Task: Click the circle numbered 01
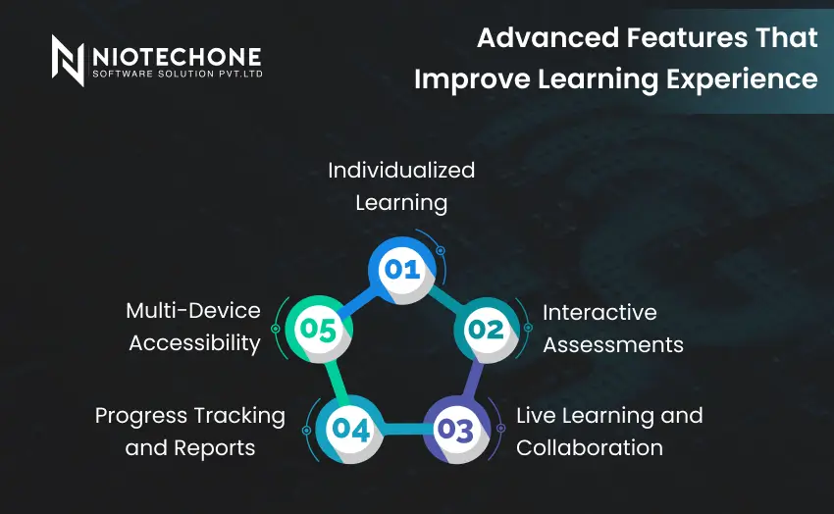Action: coord(401,268)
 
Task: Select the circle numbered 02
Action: coord(485,330)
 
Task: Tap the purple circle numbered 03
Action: coord(454,429)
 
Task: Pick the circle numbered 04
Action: coord(349,429)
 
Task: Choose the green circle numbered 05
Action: coord(318,330)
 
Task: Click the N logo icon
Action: coord(68,60)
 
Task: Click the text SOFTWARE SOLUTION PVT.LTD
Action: coord(177,74)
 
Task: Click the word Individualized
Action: coord(401,170)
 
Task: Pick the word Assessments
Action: coord(613,344)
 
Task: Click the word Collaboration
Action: coord(590,447)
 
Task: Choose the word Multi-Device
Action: coord(193,311)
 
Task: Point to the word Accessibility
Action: coord(194,343)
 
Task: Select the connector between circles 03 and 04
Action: coord(402,430)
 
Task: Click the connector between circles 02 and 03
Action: coord(472,380)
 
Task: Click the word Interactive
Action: coord(599,312)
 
